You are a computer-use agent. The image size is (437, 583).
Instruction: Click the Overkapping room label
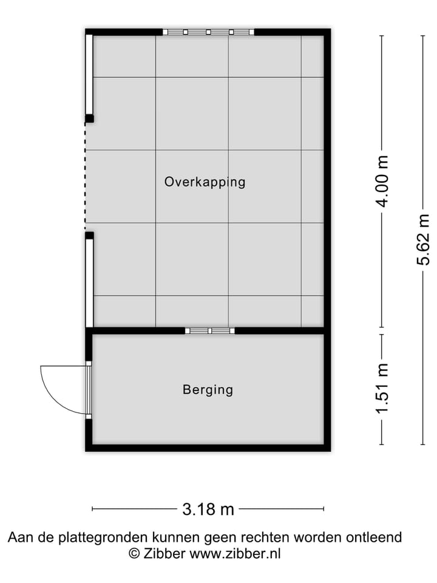(205, 182)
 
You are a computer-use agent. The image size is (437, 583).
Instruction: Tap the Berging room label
(208, 390)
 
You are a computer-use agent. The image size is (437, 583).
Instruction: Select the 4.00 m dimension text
(382, 181)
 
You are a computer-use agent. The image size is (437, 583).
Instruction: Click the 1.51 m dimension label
(382, 389)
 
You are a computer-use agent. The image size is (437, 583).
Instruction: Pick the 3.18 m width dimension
(208, 509)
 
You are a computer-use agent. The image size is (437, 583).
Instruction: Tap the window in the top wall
(209, 32)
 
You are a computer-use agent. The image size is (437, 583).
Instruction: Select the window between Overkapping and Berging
(209, 330)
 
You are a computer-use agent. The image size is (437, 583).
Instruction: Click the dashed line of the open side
(86, 176)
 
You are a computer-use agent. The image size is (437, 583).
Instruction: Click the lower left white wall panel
(89, 283)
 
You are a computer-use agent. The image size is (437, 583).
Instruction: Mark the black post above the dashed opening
(89, 118)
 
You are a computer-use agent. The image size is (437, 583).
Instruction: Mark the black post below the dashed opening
(89, 235)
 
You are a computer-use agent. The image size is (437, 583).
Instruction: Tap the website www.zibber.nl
(235, 553)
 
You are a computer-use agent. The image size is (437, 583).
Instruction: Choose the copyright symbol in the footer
(134, 553)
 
